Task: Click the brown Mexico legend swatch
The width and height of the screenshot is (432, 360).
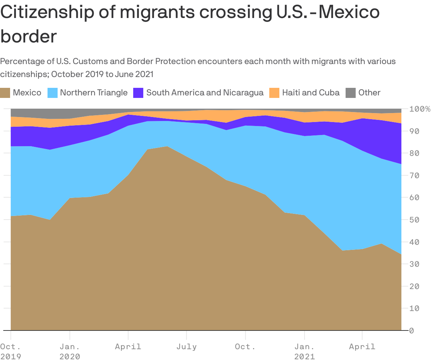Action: (x=5, y=93)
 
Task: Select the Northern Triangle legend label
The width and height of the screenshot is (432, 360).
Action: (x=94, y=93)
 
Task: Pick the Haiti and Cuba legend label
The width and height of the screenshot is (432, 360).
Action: (x=311, y=93)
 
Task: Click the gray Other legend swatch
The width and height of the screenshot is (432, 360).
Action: (x=350, y=93)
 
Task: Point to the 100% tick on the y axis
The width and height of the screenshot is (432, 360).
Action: (x=420, y=109)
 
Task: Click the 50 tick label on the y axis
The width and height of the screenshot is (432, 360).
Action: (x=416, y=220)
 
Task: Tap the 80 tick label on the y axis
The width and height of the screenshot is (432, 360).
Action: (x=416, y=153)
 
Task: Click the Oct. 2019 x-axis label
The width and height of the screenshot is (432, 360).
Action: (x=11, y=351)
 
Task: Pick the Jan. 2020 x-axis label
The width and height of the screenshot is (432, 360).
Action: (x=70, y=351)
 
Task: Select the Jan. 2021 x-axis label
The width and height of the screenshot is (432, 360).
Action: (x=305, y=351)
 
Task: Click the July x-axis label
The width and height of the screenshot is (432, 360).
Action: (x=186, y=347)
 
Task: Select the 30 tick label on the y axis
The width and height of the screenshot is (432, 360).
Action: (x=416, y=264)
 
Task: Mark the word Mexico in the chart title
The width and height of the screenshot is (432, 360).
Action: (x=349, y=13)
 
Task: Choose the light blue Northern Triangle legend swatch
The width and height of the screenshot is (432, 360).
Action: (x=52, y=93)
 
